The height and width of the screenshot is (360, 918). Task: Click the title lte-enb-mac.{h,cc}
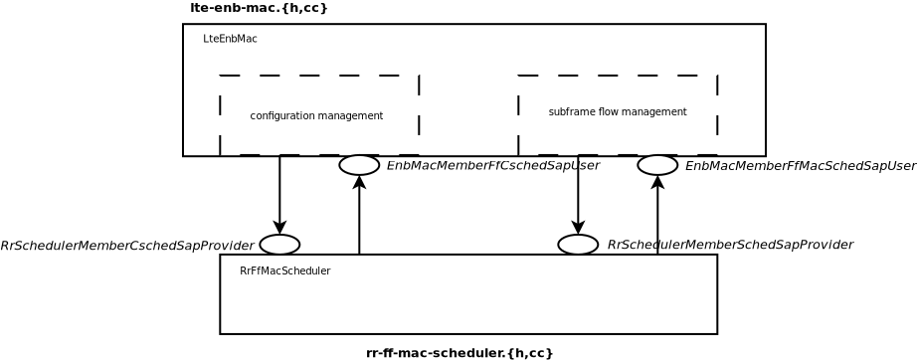(259, 8)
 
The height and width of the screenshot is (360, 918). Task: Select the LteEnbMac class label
(230, 39)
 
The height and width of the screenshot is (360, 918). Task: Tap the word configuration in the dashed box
(281, 116)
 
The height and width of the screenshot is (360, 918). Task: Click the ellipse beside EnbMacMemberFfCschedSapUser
(359, 165)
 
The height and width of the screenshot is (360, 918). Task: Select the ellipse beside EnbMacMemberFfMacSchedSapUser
(657, 165)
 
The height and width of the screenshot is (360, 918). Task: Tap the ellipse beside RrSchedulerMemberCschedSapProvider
(279, 245)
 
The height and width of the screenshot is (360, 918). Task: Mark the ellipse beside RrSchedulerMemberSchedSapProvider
(578, 245)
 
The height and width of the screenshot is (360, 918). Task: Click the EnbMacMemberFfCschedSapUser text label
(492, 166)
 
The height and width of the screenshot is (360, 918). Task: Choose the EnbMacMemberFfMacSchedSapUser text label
(800, 166)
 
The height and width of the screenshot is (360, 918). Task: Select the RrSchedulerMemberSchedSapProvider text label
(729, 245)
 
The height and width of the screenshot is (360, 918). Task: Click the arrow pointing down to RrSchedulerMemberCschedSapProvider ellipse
(279, 199)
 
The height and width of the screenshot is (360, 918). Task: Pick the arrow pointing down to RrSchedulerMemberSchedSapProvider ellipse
(578, 199)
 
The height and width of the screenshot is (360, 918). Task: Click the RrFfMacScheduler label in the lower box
(284, 271)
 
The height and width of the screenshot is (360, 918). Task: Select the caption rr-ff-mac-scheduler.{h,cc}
(459, 353)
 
